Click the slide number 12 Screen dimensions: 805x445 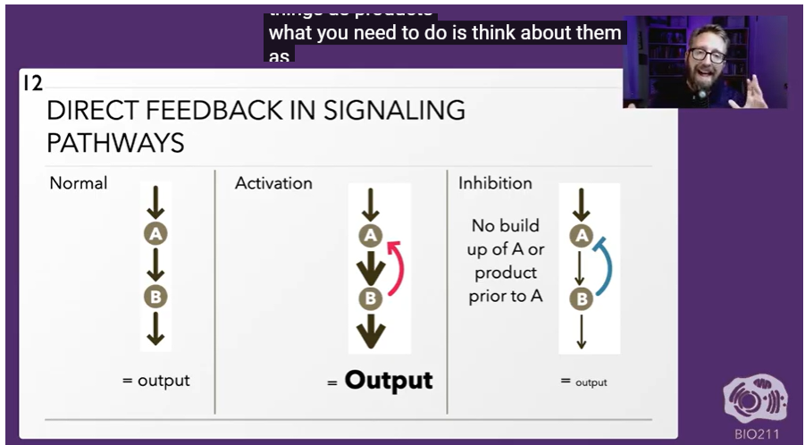[32, 83]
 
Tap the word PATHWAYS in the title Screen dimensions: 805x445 [115, 142]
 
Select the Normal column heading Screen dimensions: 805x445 [79, 183]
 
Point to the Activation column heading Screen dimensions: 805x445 [273, 183]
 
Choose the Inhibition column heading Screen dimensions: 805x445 [495, 183]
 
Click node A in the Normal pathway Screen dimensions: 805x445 [155, 234]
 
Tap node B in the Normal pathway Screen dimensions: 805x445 [155, 296]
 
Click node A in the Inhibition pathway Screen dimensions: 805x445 [582, 236]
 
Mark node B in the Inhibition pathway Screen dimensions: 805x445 [582, 298]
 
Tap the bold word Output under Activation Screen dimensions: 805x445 [389, 380]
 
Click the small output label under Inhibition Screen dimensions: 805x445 [591, 382]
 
